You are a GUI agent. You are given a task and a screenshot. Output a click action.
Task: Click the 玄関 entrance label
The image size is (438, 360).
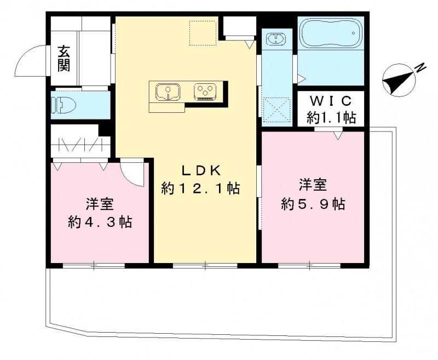64,59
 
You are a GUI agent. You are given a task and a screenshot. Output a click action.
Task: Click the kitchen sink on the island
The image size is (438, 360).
167,92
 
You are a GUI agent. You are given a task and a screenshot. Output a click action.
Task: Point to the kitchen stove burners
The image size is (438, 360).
206,91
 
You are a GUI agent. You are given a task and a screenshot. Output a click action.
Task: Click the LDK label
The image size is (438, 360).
199,170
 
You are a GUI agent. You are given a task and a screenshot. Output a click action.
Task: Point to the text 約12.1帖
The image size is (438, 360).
200,188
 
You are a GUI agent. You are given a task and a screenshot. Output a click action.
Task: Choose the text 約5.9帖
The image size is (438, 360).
313,204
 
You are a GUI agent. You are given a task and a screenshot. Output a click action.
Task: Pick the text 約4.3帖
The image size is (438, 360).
100,222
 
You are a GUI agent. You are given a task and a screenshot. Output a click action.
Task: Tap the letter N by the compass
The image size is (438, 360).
420,68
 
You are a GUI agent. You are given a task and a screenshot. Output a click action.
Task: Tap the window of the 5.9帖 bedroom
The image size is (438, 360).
309,265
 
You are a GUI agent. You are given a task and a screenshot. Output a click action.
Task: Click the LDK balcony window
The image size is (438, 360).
205,265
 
